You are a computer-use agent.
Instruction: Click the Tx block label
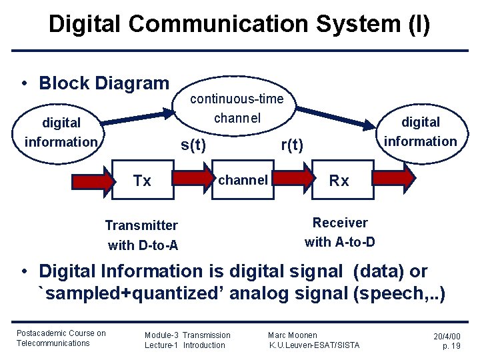(142, 181)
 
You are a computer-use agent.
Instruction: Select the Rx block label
(339, 181)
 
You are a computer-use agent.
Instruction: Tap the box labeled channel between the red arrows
(243, 180)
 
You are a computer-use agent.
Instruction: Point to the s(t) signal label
(193, 145)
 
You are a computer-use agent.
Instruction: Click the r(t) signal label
(292, 145)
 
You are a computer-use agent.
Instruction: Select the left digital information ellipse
(61, 133)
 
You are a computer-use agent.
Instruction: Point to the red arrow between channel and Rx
(294, 179)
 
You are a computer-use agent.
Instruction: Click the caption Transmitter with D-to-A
(142, 235)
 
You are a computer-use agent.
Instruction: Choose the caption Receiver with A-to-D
(339, 232)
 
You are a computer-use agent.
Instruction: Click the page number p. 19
(452, 346)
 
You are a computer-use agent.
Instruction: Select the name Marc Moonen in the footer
(293, 335)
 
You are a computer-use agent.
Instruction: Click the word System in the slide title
(348, 24)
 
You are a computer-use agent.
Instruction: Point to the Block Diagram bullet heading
(104, 83)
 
